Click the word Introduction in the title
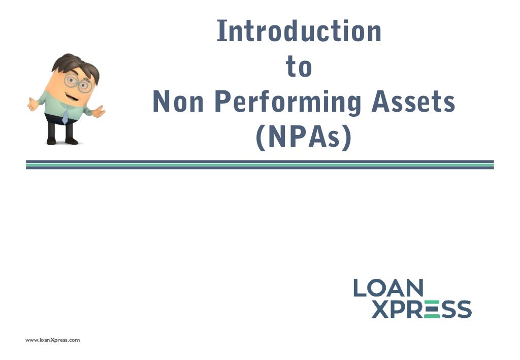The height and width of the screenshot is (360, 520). [x=299, y=31]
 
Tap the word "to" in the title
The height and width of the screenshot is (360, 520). [x=299, y=68]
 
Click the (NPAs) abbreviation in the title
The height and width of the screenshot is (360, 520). [x=303, y=137]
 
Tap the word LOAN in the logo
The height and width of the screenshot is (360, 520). [x=388, y=288]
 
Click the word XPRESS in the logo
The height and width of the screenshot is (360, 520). [x=421, y=309]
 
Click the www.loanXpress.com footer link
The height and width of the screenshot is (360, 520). [x=53, y=340]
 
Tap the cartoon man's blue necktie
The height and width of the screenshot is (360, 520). [x=65, y=116]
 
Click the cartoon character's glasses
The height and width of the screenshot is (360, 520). [x=77, y=83]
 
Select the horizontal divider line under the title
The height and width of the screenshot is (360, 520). [x=259, y=165]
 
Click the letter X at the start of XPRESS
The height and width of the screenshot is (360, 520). [x=381, y=309]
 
